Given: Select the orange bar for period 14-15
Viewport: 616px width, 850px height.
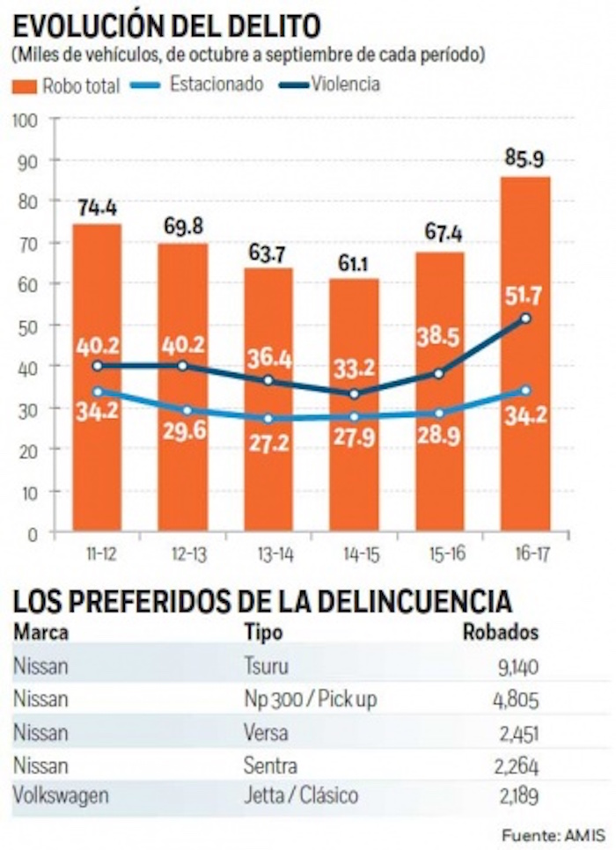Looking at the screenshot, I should pyautogui.click(x=355, y=466).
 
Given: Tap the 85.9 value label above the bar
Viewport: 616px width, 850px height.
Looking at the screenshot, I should pyautogui.click(x=524, y=159).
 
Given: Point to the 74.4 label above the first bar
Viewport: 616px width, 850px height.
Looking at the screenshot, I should pyautogui.click(x=97, y=208).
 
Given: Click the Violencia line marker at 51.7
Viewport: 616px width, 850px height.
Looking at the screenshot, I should pyautogui.click(x=525, y=318).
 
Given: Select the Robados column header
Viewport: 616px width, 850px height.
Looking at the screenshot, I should pyautogui.click(x=501, y=633).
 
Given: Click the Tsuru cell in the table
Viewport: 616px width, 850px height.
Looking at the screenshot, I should pyautogui.click(x=267, y=666).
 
